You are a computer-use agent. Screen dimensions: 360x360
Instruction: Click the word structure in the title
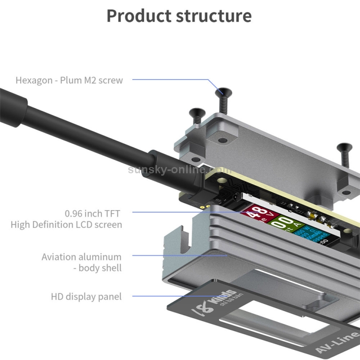pyautogui.click(x=214, y=15)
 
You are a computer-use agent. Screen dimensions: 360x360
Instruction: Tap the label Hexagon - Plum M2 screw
pyautogui.click(x=69, y=80)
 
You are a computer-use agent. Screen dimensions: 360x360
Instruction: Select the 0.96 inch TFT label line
pyautogui.click(x=92, y=213)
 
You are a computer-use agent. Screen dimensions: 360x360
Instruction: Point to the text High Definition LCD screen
pyautogui.click(x=66, y=224)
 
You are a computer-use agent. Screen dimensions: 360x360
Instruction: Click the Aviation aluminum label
pyautogui.click(x=81, y=257)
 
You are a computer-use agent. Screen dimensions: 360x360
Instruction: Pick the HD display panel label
pyautogui.click(x=86, y=297)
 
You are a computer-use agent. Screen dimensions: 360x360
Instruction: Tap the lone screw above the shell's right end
pyautogui.click(x=344, y=154)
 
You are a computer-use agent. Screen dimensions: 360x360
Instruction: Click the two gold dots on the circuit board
pyautogui.click(x=206, y=207)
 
